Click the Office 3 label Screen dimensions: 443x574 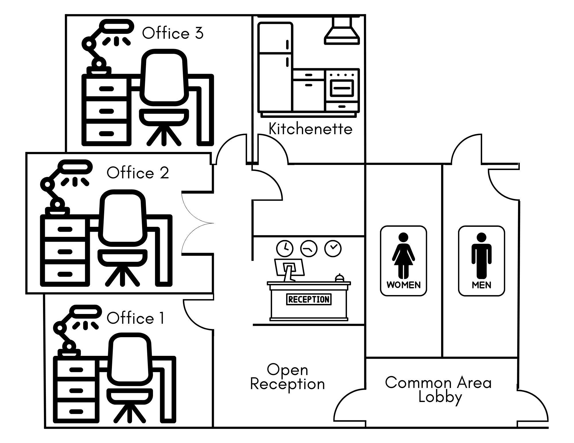[173, 33]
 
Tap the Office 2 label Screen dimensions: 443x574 [138, 173]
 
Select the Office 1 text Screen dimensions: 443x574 [135, 318]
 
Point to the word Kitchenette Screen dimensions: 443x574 [311, 129]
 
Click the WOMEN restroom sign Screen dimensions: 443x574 [404, 261]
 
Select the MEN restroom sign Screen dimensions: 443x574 [481, 261]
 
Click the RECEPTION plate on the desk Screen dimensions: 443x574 [309, 299]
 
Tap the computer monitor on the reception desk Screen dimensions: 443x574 [289, 268]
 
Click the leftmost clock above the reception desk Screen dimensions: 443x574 [285, 248]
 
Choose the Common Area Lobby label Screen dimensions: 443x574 [439, 390]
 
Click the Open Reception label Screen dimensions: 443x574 [288, 377]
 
